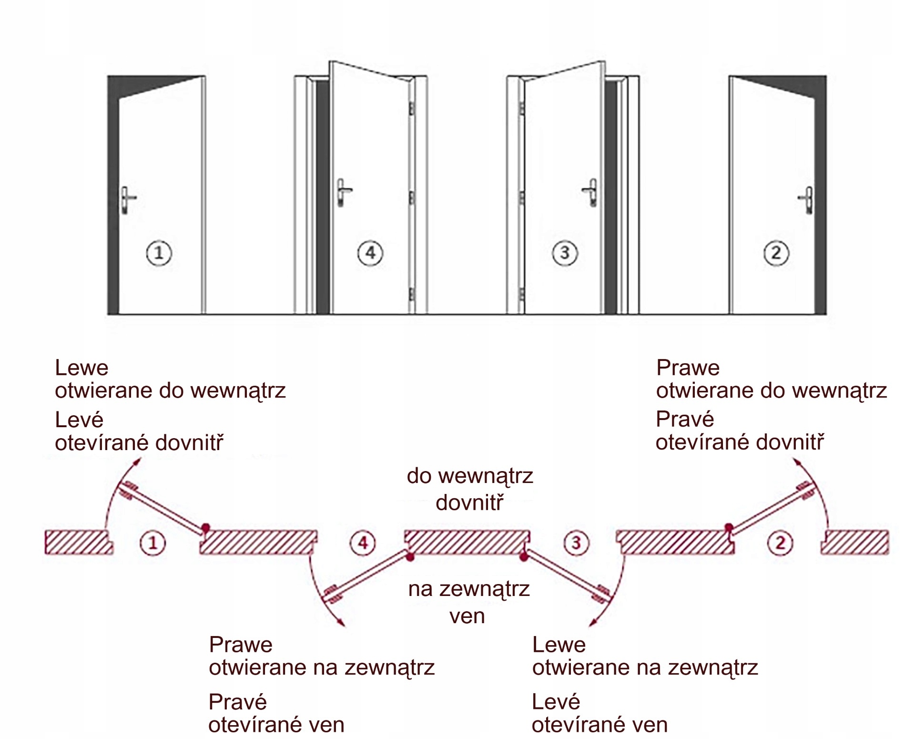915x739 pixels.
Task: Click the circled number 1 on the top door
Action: tap(159, 253)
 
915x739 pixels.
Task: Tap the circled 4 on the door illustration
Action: tap(370, 253)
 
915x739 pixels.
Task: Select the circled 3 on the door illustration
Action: tap(565, 253)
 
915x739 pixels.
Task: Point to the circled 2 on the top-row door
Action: tap(776, 253)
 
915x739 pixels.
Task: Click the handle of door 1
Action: tap(127, 199)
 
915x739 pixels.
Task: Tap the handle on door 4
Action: tap(343, 192)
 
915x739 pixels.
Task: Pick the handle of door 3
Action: tap(591, 192)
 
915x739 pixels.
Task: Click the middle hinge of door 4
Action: tap(412, 197)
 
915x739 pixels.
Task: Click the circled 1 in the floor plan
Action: tap(152, 543)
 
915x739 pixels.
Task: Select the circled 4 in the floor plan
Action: tap(363, 543)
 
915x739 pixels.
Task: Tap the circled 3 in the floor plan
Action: tap(576, 543)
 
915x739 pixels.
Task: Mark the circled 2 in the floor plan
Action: tap(780, 543)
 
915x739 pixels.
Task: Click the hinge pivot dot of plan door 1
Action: tap(205, 528)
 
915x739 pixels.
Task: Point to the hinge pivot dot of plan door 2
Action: tap(729, 528)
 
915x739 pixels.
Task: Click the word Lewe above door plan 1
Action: tap(81, 368)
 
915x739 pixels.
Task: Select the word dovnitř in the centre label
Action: tap(469, 503)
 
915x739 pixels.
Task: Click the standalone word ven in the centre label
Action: tap(467, 616)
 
